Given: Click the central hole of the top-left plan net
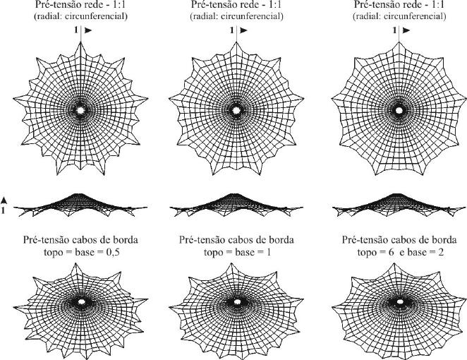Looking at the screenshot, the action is coord(80,110).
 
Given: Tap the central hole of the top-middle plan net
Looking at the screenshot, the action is coord(236,110).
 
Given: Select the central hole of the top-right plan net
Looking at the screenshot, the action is coord(399,110).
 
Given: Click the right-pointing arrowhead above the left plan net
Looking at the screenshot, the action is coord(88,30).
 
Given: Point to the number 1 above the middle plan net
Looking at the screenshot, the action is coord(231,30).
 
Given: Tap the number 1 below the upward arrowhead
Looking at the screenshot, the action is coord(3,210).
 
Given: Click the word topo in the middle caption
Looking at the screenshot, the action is coord(213,253).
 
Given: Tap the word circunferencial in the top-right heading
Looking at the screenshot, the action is coord(415,16).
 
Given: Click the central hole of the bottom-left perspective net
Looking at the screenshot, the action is coord(81,301).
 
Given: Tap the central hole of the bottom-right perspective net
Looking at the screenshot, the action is coord(400,301).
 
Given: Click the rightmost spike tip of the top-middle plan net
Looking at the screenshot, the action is coord(303,97).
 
